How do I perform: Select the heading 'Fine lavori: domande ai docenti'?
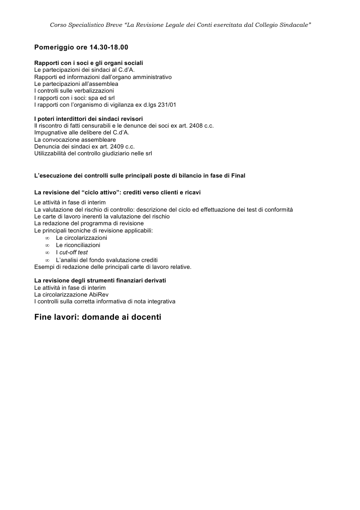(98, 317)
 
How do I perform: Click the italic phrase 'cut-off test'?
(74, 253)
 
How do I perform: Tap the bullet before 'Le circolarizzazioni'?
(47, 238)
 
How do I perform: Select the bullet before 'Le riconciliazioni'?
(47, 245)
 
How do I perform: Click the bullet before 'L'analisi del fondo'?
(47, 259)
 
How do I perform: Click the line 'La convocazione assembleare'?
(75, 140)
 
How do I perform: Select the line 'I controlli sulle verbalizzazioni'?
(74, 91)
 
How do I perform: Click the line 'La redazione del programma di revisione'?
(89, 223)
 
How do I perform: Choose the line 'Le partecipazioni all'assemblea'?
(76, 84)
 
